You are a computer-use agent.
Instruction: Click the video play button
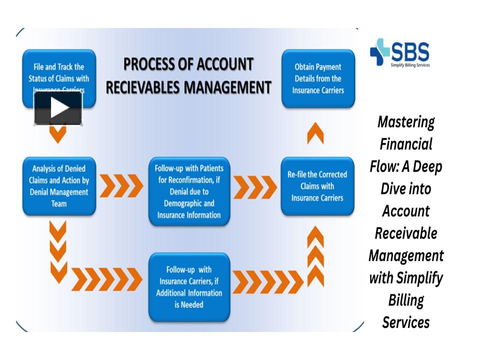tap(58, 108)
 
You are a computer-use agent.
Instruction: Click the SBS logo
tap(399, 53)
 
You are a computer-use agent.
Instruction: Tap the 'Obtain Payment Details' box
tap(317, 78)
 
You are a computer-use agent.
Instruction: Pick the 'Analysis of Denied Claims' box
tap(58, 186)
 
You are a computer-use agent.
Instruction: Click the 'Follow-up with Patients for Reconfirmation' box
tap(188, 191)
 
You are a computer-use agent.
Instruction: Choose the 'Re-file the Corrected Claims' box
tap(317, 186)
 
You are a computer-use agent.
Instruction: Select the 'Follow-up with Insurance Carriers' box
tap(188, 287)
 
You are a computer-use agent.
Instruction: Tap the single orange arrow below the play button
tap(58, 135)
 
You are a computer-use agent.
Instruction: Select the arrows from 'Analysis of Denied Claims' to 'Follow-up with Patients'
tap(121, 186)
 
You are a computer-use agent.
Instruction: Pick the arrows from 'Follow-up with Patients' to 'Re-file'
tap(254, 187)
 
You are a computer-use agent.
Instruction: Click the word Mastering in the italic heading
tap(406, 122)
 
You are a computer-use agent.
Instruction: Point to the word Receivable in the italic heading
tap(406, 233)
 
